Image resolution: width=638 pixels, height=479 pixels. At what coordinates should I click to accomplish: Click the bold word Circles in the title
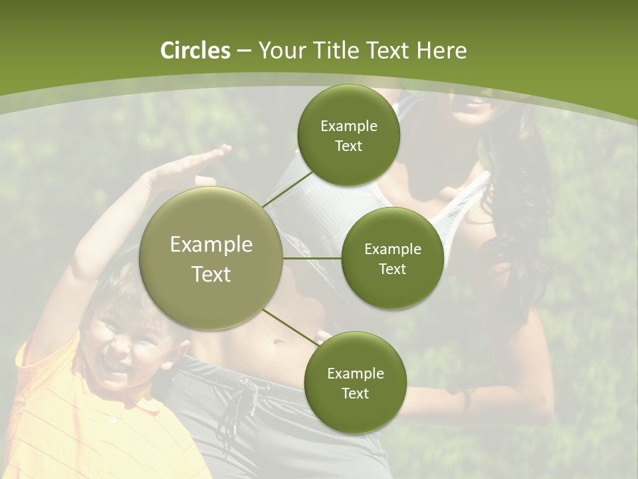pos(195,51)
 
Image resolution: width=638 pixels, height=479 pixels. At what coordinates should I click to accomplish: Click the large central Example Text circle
pos(211,259)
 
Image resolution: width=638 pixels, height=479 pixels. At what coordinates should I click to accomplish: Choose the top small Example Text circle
pos(348,135)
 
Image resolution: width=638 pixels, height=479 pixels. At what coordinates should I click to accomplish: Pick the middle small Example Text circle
pos(392,258)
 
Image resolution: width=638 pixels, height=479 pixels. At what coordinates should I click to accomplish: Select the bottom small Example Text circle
pos(355,383)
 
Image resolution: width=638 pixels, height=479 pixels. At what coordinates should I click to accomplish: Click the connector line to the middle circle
pos(312,258)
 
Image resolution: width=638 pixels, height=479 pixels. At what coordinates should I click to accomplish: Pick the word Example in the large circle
pos(211,245)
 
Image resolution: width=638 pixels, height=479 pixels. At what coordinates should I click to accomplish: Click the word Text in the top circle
pos(348,146)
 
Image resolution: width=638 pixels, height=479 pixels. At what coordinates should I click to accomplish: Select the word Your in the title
pos(282,51)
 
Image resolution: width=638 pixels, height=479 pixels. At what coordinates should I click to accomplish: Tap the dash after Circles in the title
pos(244,51)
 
